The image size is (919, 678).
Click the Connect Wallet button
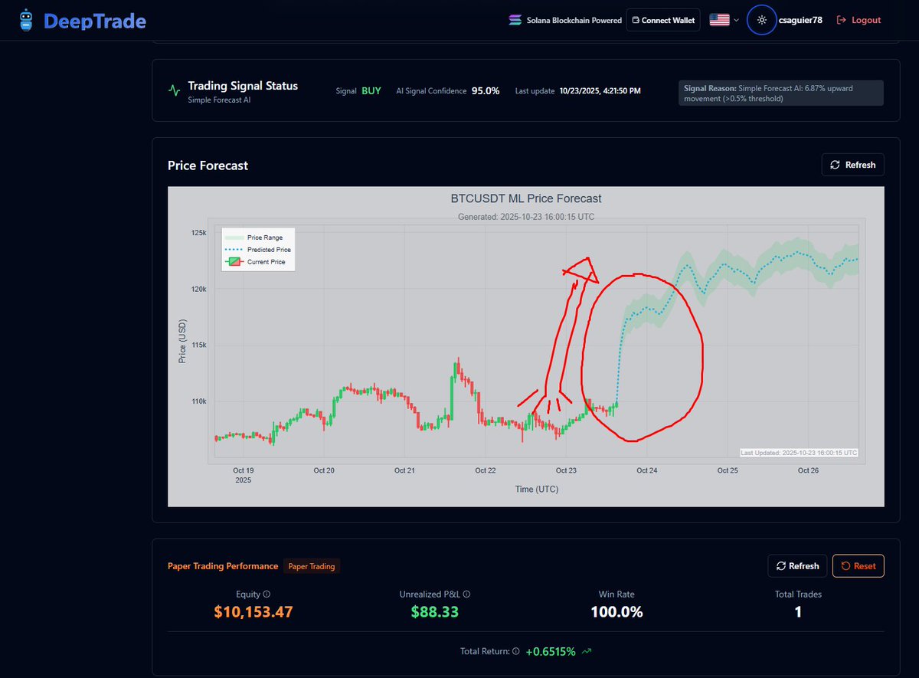tap(663, 20)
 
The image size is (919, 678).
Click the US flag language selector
tap(720, 20)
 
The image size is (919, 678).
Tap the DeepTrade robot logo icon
tap(27, 21)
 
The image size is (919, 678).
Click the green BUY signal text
tap(371, 91)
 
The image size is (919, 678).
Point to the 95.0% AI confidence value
tap(486, 91)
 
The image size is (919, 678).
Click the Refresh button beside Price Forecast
tap(853, 165)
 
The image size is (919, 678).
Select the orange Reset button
tap(858, 566)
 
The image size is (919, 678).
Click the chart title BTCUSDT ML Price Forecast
tap(526, 198)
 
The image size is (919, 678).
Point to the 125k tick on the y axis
tap(198, 233)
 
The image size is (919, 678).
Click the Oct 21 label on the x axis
tap(404, 470)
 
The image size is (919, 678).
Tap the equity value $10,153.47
tap(253, 612)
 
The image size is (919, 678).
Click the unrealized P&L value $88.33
tap(434, 612)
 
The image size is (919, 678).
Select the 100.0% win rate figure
tap(616, 612)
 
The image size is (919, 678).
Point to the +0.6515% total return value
tap(551, 651)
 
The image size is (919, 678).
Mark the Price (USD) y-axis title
tap(182, 341)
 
